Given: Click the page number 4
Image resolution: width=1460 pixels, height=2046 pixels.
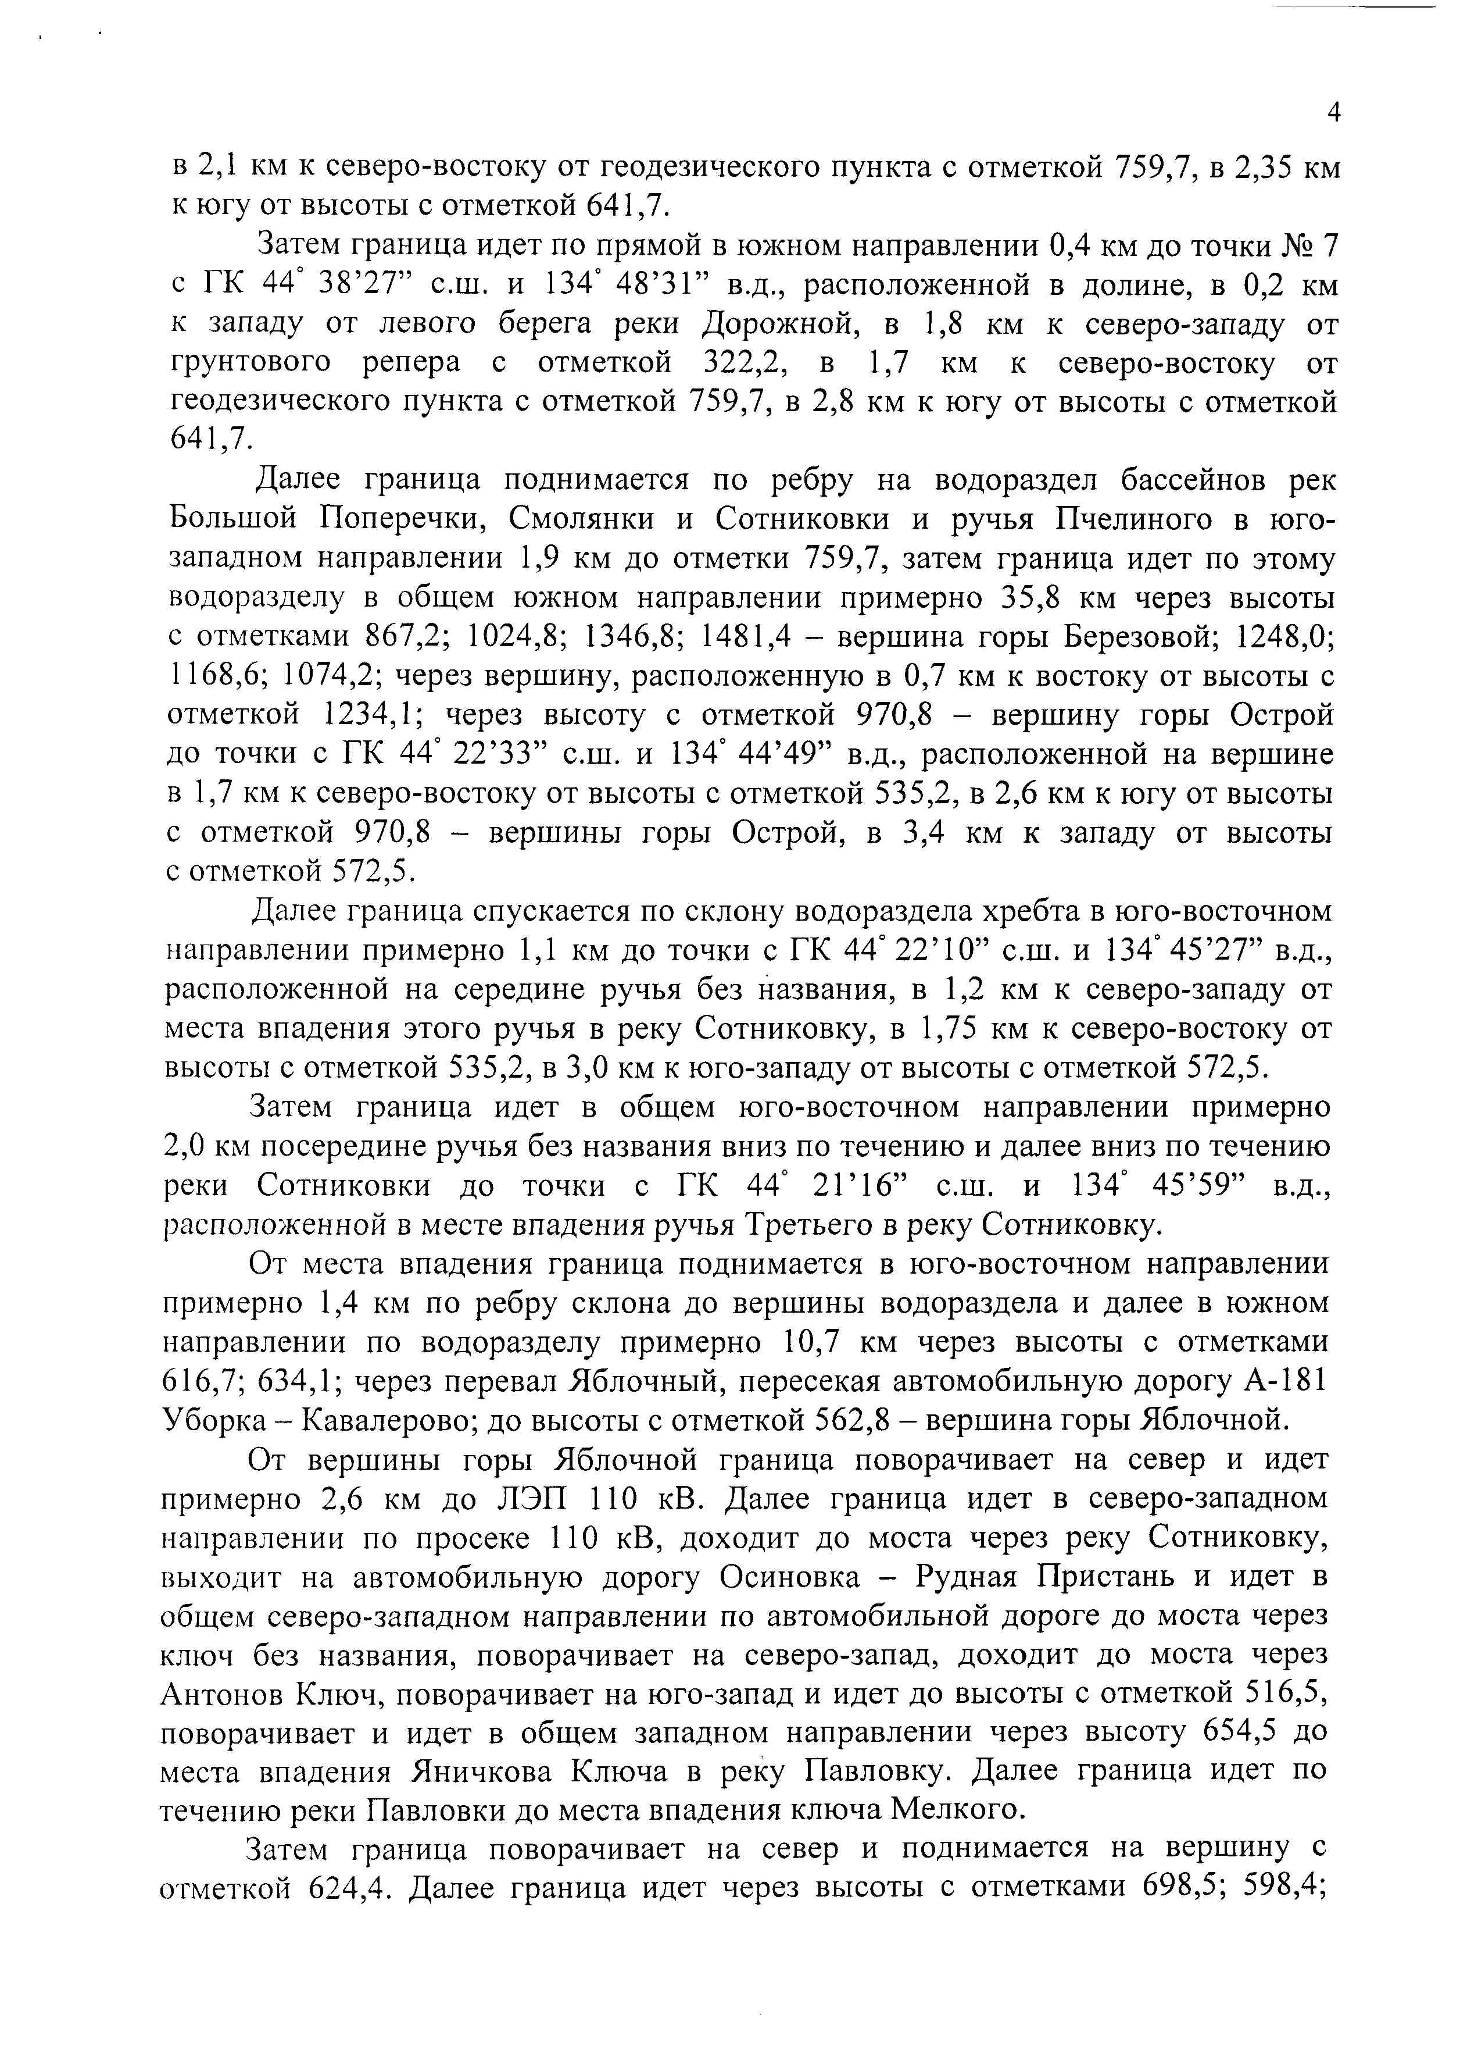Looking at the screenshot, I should (1334, 112).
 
